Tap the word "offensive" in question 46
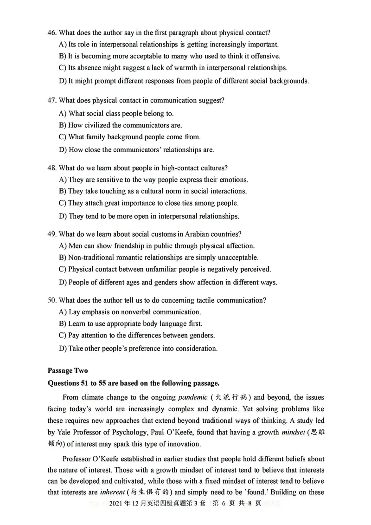(x=265, y=56)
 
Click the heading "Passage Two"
(x=67, y=370)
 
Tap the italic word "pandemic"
(x=192, y=397)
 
